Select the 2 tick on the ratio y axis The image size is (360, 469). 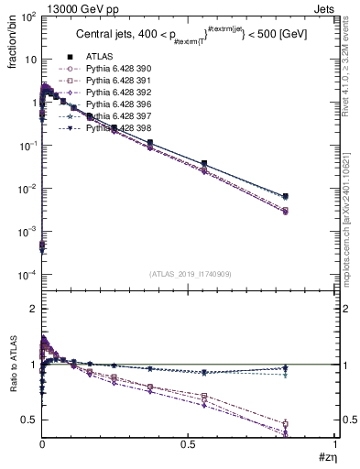(33, 310)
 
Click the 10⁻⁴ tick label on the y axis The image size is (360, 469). (27, 275)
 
